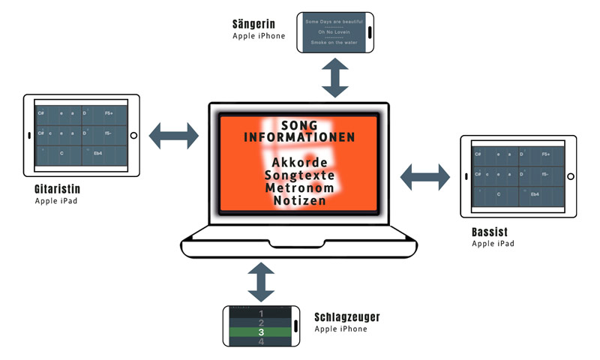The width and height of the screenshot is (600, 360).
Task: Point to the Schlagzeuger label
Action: tap(347, 317)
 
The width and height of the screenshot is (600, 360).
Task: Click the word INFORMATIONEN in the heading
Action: tap(300, 138)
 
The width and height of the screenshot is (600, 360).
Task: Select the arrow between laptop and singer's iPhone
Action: tap(335, 76)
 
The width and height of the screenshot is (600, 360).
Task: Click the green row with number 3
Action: tap(261, 332)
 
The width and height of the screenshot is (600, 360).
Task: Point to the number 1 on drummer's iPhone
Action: tap(261, 313)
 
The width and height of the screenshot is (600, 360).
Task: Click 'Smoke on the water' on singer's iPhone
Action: tap(334, 43)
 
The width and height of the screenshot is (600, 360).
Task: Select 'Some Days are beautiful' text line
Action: tap(334, 22)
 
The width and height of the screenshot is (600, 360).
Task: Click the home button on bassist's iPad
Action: tap(570, 177)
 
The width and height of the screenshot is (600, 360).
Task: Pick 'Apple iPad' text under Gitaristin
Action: tap(55, 201)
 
